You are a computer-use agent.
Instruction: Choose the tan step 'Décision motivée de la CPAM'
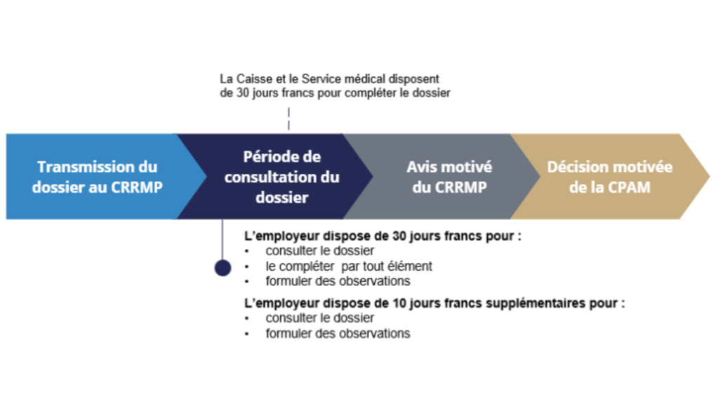tap(609, 177)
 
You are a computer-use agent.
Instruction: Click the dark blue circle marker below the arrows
tap(223, 268)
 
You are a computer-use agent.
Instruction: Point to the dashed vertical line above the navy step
tap(288, 119)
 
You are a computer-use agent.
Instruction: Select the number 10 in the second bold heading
tap(399, 303)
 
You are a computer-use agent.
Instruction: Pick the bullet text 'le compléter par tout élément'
tap(349, 266)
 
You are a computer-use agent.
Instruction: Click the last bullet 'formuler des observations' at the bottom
tap(338, 333)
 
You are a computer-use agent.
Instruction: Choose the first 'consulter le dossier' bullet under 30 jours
tap(319, 251)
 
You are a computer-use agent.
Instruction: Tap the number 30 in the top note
tap(243, 93)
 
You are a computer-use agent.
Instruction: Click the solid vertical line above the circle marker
tap(223, 240)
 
